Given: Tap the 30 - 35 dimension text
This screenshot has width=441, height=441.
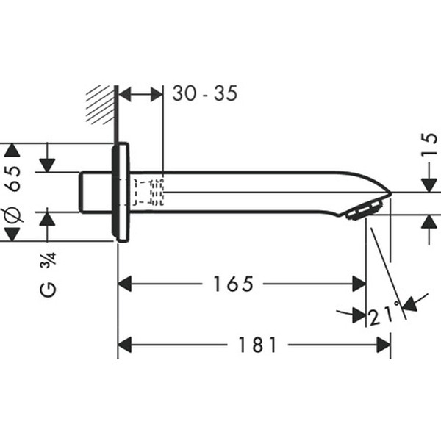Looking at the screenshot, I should pos(205,94).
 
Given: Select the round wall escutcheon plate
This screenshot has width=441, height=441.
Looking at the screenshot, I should pos(121,192).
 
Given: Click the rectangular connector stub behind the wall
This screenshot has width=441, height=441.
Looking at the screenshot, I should pos(96,192).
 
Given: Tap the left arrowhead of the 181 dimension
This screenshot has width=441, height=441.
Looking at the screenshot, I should pos(125,344).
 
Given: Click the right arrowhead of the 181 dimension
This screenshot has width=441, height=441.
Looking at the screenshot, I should pos(383,344).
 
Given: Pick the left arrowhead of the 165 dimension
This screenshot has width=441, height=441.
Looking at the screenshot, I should pos(125,283).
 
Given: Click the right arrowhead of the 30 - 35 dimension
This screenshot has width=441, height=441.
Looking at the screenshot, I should pos(156,94).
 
